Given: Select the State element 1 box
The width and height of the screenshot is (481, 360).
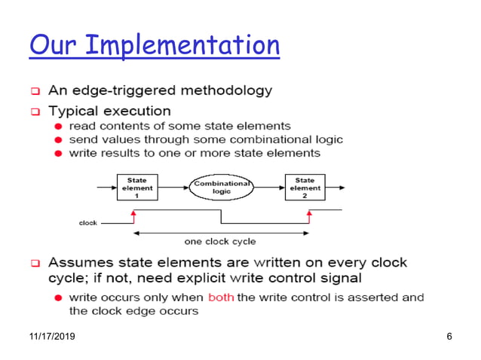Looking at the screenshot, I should [x=136, y=187].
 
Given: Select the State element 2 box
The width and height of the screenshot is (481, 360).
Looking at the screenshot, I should [x=305, y=187].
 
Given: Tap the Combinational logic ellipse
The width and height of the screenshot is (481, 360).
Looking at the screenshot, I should [x=221, y=187].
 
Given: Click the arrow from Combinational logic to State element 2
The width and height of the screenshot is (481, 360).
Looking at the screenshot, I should [x=268, y=187].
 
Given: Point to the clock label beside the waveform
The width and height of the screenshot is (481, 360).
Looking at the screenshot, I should [x=88, y=223].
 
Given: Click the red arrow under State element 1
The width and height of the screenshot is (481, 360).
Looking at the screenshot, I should [x=134, y=216].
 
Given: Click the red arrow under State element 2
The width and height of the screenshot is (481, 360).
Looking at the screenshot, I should [x=309, y=216].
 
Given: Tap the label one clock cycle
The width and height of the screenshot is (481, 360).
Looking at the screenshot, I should [x=220, y=242].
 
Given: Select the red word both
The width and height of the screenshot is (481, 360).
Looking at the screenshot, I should [x=221, y=297].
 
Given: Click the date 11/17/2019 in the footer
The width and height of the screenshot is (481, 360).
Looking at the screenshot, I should [x=54, y=335].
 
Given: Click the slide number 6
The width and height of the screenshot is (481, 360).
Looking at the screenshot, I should [x=449, y=335].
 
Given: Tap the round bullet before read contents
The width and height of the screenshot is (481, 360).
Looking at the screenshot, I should [x=58, y=126].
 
